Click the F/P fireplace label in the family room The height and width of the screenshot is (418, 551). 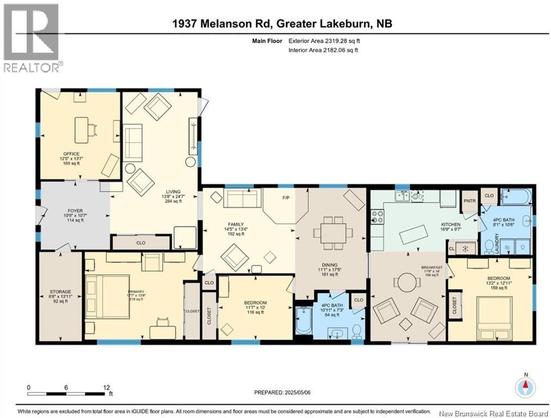click(x=284, y=198)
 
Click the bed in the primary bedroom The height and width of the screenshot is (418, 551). click(x=113, y=297)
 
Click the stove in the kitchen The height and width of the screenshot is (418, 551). click(x=376, y=217)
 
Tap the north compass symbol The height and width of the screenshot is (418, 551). click(x=525, y=387)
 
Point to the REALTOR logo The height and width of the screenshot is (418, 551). click(x=32, y=38)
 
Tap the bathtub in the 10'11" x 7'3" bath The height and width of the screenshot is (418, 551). click(x=303, y=321)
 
